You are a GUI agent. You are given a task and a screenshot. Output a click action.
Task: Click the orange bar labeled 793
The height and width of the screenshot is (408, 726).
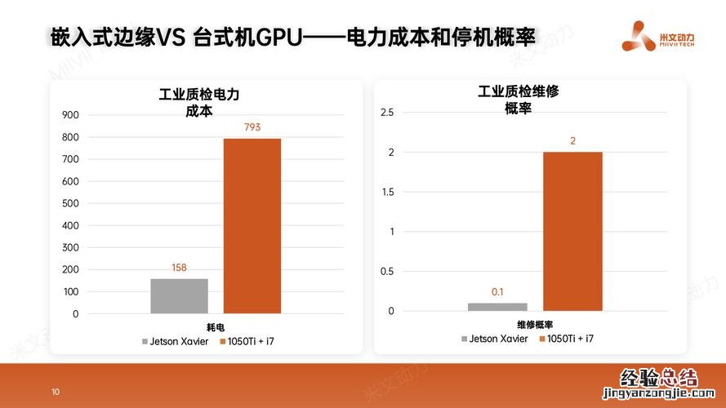(252, 226)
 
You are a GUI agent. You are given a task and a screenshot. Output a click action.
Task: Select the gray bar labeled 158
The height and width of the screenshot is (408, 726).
(179, 296)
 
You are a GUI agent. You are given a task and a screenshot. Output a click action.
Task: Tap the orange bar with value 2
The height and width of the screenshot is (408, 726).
(572, 231)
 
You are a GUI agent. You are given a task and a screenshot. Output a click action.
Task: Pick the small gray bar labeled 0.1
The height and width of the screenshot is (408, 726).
(497, 307)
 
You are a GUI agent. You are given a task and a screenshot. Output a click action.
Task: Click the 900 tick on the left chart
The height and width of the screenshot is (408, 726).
(70, 115)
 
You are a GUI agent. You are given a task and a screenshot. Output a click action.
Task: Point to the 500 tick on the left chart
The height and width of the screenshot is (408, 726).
(70, 203)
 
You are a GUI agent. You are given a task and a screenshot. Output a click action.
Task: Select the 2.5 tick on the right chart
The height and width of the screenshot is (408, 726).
(387, 112)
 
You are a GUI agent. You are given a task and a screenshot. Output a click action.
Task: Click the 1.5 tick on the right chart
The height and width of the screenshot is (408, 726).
(387, 192)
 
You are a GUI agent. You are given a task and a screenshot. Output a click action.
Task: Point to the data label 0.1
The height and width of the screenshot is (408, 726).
(497, 291)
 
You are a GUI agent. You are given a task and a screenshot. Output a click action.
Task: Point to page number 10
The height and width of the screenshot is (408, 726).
(56, 392)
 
